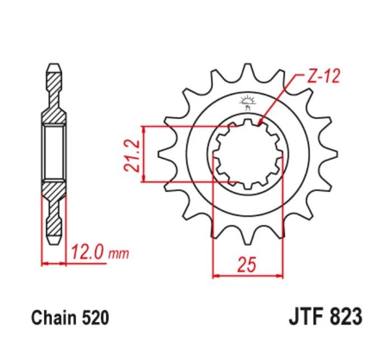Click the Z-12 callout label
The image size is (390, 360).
pos(323,76)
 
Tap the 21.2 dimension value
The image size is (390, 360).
pos(131,155)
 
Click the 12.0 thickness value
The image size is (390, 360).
pos(88,253)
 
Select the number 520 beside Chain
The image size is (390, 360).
pos(95,318)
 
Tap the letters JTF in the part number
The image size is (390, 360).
pos(306,316)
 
